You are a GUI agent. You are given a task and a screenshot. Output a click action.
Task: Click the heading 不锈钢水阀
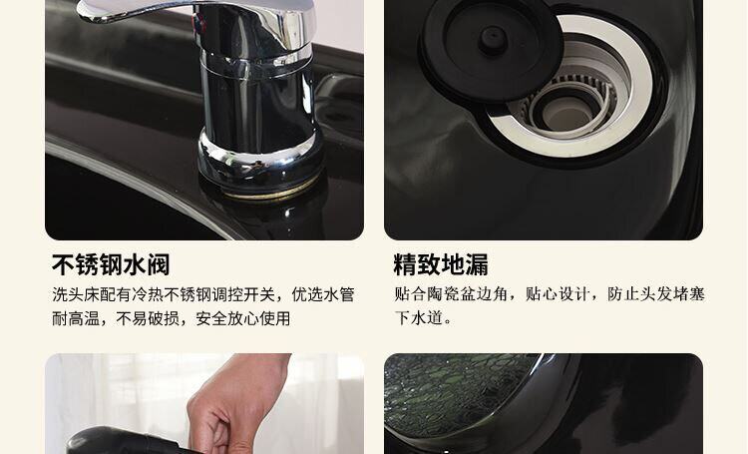tap(111, 265)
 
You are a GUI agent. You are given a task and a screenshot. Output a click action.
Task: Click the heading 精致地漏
tap(441, 265)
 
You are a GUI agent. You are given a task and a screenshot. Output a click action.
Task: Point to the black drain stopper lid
tap(491, 50)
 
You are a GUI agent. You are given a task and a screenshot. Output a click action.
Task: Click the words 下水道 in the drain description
tap(418, 317)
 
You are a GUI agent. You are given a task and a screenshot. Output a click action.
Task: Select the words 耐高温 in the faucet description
tap(76, 318)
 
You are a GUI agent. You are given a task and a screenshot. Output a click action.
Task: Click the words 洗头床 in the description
tap(76, 294)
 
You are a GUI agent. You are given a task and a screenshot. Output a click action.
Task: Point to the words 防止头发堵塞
tap(656, 294)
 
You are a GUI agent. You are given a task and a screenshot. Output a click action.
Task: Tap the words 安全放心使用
tap(242, 318)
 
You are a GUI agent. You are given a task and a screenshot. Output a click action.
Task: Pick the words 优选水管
tap(323, 294)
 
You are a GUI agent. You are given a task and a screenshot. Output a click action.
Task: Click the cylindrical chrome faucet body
tap(257, 105)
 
